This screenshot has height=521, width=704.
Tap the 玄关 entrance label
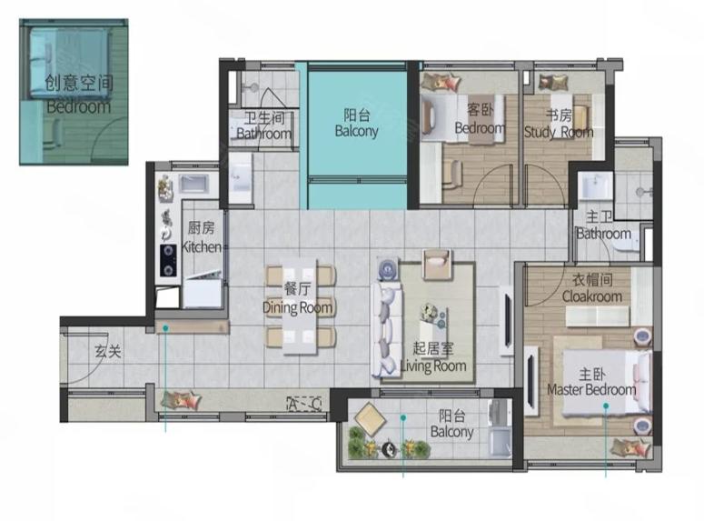[x=108, y=351]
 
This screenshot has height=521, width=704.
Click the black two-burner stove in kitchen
[x=168, y=260]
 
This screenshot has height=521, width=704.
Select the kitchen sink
[x=193, y=184]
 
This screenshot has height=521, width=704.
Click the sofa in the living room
[x=386, y=329]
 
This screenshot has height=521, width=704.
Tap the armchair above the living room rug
[x=437, y=263]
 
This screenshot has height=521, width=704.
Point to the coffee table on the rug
[x=433, y=318]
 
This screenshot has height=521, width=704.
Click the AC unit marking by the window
[x=304, y=404]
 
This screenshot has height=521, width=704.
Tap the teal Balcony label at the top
[x=356, y=123]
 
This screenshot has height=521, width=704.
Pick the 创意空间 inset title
[x=79, y=83]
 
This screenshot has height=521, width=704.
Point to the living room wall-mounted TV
[x=508, y=320]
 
